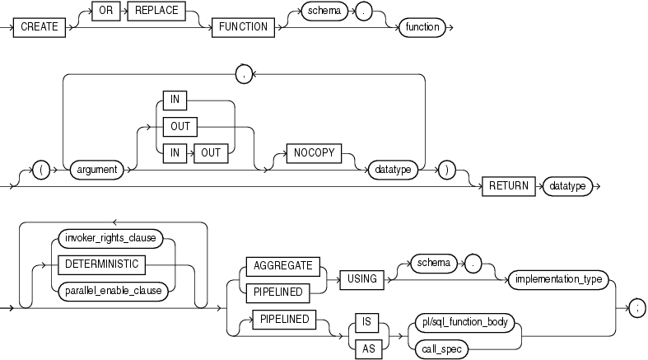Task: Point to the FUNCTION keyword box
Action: pyautogui.click(x=243, y=27)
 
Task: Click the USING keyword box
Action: pyautogui.click(x=361, y=279)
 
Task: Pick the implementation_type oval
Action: pyautogui.click(x=557, y=279)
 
